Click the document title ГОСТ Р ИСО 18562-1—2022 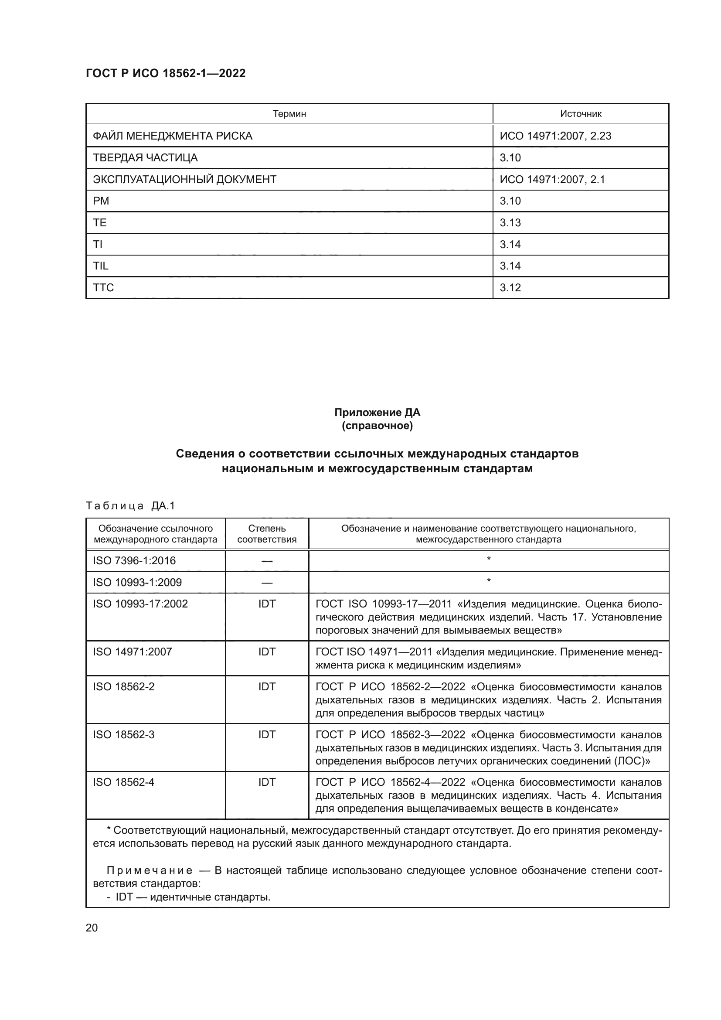pyautogui.click(x=166, y=73)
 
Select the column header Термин pyautogui.click(x=289, y=114)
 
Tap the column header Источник pyautogui.click(x=580, y=114)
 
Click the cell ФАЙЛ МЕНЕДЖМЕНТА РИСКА pyautogui.click(x=172, y=136)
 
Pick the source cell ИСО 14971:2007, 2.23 pyautogui.click(x=555, y=136)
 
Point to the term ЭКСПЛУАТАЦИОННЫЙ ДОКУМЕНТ pyautogui.click(x=184, y=180)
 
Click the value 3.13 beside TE pyautogui.click(x=510, y=222)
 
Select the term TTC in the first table pyautogui.click(x=103, y=287)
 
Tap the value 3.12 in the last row pyautogui.click(x=510, y=287)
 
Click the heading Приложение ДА pyautogui.click(x=377, y=412)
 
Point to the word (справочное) pyautogui.click(x=377, y=426)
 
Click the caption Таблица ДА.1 pyautogui.click(x=130, y=505)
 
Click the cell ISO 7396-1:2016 pyautogui.click(x=134, y=561)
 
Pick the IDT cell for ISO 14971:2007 pyautogui.click(x=267, y=652)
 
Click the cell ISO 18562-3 pyautogui.click(x=123, y=734)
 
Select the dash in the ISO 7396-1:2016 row pyautogui.click(x=267, y=561)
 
